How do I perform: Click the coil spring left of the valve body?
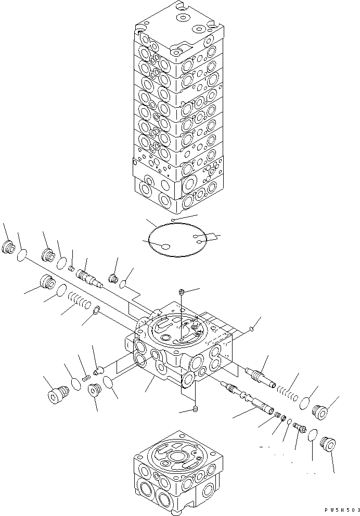(x=81, y=302)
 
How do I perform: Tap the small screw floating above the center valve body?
(x=180, y=291)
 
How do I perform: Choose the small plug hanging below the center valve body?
(x=195, y=409)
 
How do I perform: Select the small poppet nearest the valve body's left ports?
(x=99, y=370)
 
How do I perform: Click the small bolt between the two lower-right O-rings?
(x=299, y=427)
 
